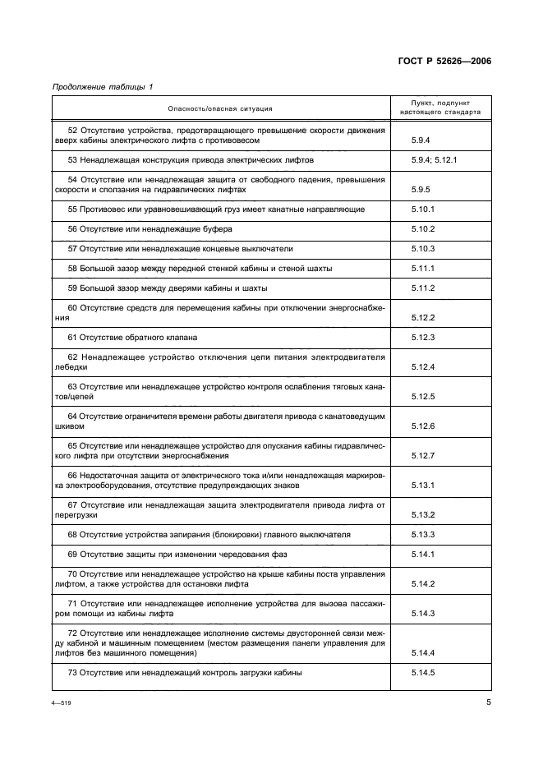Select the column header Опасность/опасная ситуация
pos(219,108)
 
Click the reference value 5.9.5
pos(422,190)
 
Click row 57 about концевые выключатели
pos(180,248)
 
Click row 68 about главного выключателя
pos(209,535)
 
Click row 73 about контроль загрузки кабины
pos(185,673)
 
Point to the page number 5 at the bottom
pos(488,702)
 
